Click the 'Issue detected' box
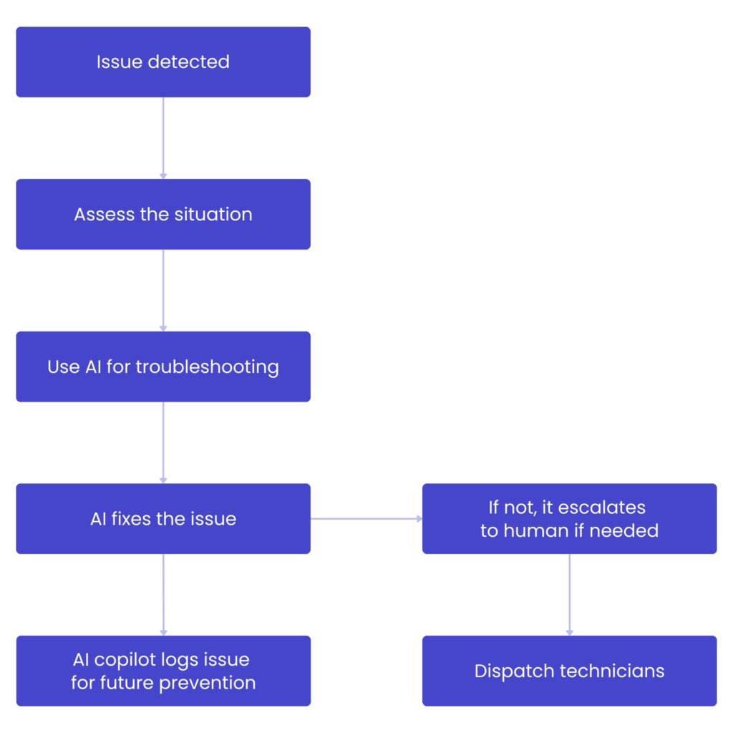(x=163, y=62)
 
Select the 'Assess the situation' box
(x=163, y=215)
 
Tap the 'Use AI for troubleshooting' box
(x=163, y=367)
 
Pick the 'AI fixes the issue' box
(x=163, y=519)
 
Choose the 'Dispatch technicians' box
(x=569, y=671)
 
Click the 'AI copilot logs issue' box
(x=163, y=671)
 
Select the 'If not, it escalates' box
(x=569, y=519)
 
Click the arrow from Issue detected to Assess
(x=163, y=138)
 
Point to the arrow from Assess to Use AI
(x=163, y=291)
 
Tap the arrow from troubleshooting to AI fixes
(x=163, y=442)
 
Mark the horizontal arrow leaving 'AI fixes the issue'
(x=366, y=518)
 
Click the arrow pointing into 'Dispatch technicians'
(x=569, y=595)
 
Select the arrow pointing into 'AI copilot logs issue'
(x=163, y=595)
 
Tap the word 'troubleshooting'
(x=207, y=367)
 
